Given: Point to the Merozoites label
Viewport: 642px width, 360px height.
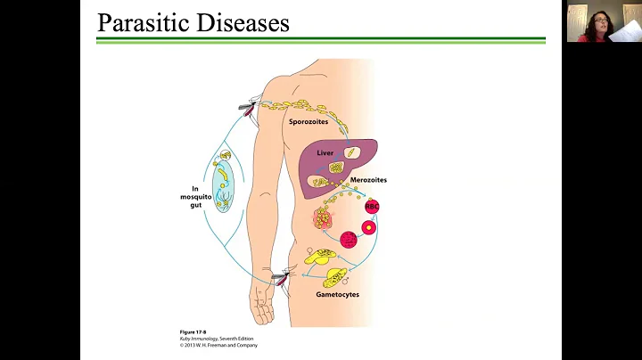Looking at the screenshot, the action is tap(370, 180).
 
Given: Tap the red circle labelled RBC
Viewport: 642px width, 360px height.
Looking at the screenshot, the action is tap(373, 206).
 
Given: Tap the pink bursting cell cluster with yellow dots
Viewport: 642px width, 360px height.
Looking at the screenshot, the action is tap(325, 217).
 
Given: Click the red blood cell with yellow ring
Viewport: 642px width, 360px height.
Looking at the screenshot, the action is tap(368, 226).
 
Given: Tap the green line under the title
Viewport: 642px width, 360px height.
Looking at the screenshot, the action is tap(321, 39).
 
